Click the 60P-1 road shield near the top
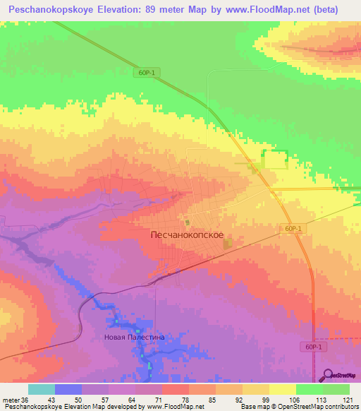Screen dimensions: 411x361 click(x=145, y=72)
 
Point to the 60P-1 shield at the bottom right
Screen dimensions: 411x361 click(x=314, y=347)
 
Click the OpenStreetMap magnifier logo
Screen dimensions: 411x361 click(x=328, y=376)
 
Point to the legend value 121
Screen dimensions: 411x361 click(x=349, y=399)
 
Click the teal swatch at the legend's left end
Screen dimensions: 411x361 click(x=41, y=389)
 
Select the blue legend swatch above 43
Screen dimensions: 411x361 click(x=68, y=389)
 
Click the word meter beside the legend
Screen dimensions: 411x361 click(x=11, y=399)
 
